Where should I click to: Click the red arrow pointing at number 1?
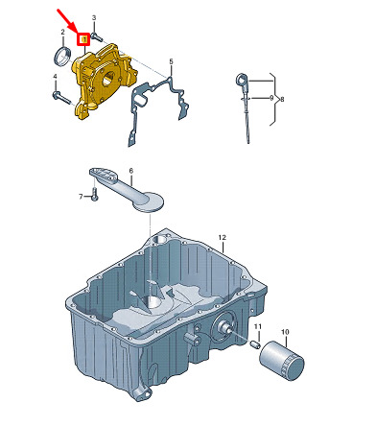point(67,20)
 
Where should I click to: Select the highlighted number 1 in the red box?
point(84,39)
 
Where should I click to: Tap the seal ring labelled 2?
point(61,56)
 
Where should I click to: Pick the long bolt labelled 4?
point(61,97)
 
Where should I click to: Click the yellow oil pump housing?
point(105,82)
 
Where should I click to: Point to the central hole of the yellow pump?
point(108,78)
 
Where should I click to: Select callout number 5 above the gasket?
point(171,60)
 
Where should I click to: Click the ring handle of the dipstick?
point(241,79)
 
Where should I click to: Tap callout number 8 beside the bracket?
point(282,100)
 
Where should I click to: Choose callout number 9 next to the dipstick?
point(271,98)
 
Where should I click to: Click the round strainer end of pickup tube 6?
point(149,201)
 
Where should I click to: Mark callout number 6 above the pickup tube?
point(131,171)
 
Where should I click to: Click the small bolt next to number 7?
point(94,194)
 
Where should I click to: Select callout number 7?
point(81,197)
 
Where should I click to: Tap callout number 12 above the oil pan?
point(223,237)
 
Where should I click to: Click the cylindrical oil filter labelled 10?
point(281,361)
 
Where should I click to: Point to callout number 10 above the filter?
point(285,332)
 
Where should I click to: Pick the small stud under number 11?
point(256,344)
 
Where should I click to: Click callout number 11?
point(258,326)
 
